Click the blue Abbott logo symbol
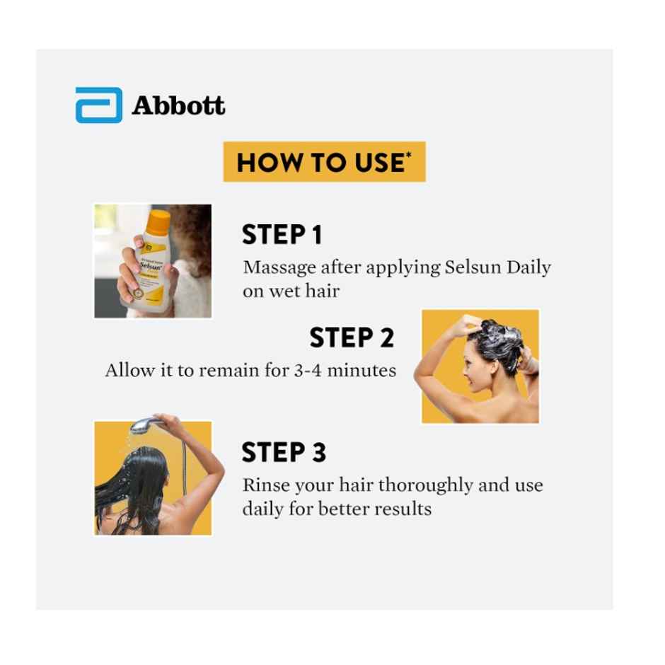pyautogui.click(x=98, y=105)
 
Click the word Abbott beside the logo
pyautogui.click(x=178, y=105)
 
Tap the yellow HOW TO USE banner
pyautogui.click(x=324, y=162)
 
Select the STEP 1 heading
pyautogui.click(x=282, y=235)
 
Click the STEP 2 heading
pyautogui.click(x=351, y=337)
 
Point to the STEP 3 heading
pyautogui.click(x=283, y=452)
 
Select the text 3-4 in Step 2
pyautogui.click(x=308, y=370)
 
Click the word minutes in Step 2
pyautogui.click(x=362, y=370)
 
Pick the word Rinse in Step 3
pyautogui.click(x=263, y=485)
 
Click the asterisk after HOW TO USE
pyautogui.click(x=408, y=155)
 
